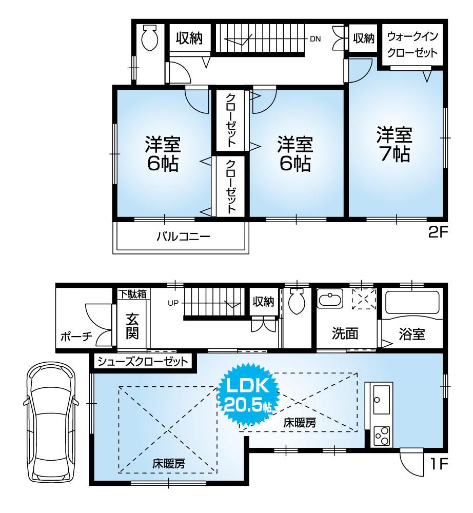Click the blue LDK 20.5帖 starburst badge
pyautogui.click(x=249, y=394)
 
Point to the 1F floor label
pyautogui.click(x=439, y=464)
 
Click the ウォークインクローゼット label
pyautogui.click(x=412, y=45)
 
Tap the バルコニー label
pyautogui.click(x=183, y=237)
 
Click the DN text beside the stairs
pyautogui.click(x=314, y=39)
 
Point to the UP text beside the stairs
pyautogui.click(x=172, y=303)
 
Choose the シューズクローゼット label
pyautogui.click(x=142, y=362)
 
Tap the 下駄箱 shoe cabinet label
pyautogui.click(x=133, y=294)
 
